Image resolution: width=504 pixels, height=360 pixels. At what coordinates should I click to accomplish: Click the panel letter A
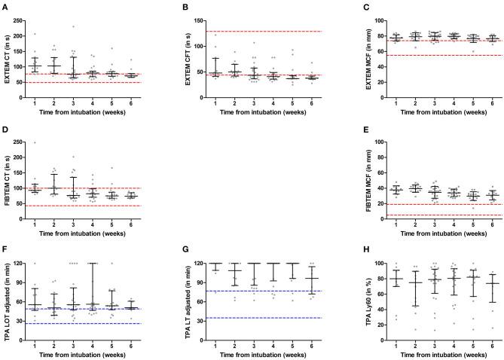click(5, 7)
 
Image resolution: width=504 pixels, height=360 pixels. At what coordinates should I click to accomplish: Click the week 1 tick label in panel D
click(55, 224)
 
